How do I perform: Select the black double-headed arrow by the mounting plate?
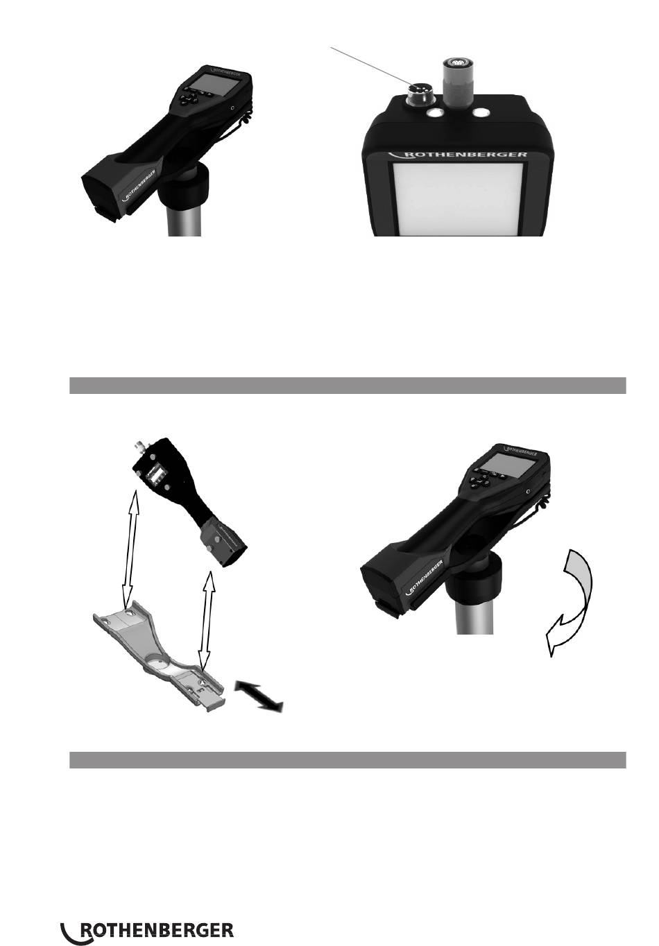click(259, 695)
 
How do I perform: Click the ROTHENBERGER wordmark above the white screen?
click(457, 154)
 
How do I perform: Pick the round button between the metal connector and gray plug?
click(435, 113)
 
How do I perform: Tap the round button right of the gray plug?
click(481, 113)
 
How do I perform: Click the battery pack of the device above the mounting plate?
click(223, 542)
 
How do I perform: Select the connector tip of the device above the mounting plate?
click(138, 445)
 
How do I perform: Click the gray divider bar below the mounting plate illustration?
click(348, 759)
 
